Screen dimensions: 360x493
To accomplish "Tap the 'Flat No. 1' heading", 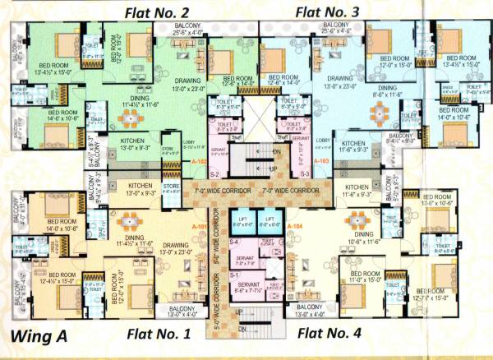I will [x=158, y=333].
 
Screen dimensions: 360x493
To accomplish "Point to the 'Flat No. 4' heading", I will [x=329, y=333].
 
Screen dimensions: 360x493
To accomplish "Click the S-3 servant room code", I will [x=303, y=174].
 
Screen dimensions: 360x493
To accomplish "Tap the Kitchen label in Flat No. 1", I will [x=141, y=191].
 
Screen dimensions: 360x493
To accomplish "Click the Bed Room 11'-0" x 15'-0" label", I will [x=362, y=276].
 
